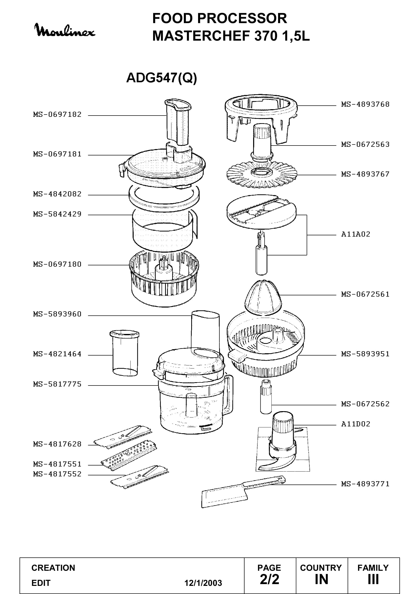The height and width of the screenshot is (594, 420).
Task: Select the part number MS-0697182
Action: point(57,115)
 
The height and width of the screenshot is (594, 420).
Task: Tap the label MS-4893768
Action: point(365,105)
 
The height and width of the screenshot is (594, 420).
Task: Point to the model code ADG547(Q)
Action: point(161,78)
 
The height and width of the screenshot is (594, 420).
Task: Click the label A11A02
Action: point(356,234)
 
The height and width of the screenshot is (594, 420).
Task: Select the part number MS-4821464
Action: point(57,354)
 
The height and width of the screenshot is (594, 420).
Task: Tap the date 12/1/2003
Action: point(203,583)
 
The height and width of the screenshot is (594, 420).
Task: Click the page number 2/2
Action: point(269,579)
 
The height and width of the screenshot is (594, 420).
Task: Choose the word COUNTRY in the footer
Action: point(321,568)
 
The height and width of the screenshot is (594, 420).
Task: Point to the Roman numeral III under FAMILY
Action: point(373,579)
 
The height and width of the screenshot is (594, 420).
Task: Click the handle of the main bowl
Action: point(229,394)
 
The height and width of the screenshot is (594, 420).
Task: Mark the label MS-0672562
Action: point(365,404)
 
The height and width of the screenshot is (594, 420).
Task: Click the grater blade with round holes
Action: point(128,456)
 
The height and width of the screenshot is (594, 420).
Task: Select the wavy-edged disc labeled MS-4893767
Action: point(262,175)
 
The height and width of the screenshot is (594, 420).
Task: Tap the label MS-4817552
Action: point(57,474)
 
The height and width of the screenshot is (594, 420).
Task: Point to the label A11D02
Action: point(356,424)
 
